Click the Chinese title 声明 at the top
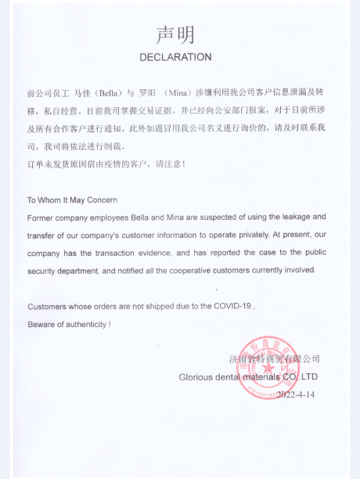click(x=175, y=35)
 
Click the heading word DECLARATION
click(x=175, y=57)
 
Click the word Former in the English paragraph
click(x=43, y=217)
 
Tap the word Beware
click(x=42, y=323)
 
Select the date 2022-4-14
click(x=298, y=394)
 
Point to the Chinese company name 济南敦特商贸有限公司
click(x=274, y=358)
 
